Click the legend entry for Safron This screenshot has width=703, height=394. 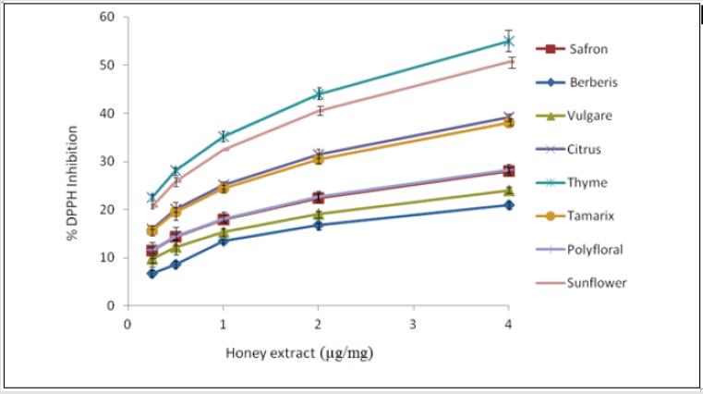point(588,49)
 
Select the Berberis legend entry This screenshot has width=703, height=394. point(593,82)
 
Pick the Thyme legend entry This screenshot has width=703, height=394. point(587,182)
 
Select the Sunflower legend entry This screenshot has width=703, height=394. point(597,282)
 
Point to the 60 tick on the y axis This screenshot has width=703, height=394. point(108,18)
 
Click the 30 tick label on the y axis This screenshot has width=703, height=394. point(108,162)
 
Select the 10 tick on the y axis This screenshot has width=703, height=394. point(108,257)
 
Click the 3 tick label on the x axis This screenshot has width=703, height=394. point(413,324)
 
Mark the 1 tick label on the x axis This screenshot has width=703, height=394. point(223,324)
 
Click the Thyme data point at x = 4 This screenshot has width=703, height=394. point(508,41)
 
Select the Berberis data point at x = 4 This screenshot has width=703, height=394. point(508,204)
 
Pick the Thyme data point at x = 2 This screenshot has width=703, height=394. point(318,93)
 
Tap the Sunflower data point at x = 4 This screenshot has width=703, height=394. point(508,62)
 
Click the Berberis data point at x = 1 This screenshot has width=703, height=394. point(223,240)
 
